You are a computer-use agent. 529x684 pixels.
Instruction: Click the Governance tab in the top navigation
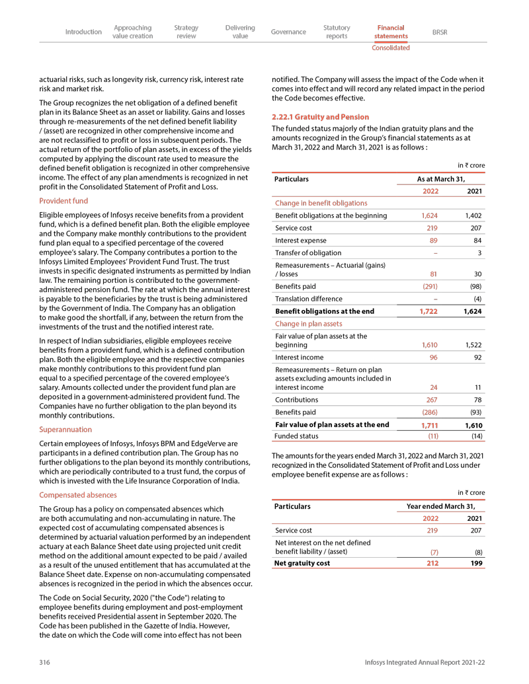288,32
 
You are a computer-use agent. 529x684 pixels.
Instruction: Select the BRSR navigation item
439,32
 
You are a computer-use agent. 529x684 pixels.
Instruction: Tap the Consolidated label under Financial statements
390,48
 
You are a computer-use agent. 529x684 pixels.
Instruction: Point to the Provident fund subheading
63,200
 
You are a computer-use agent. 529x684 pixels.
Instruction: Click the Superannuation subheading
65,429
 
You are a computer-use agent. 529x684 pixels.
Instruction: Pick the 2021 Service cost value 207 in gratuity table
473,227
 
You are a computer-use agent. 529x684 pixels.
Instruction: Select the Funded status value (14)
474,436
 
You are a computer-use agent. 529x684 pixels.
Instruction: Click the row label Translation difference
309,298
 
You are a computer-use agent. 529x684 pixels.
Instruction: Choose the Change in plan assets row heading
309,324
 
